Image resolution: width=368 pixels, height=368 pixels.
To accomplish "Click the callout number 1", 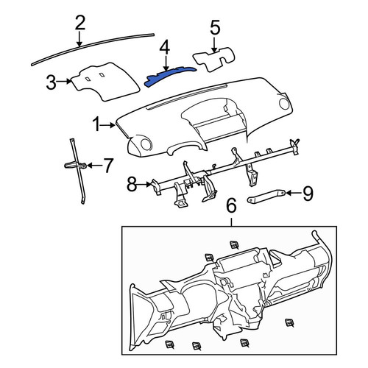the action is (97, 124).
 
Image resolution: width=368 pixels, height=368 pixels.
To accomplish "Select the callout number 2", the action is (80, 23).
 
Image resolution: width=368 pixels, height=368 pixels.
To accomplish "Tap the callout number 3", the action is (52, 82).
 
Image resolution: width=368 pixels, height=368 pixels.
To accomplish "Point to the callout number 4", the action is (165, 48).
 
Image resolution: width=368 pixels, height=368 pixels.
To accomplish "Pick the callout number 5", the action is (215, 27).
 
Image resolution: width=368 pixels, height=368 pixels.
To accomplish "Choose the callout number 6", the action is (231, 205).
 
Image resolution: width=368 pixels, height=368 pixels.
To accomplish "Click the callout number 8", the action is (132, 184).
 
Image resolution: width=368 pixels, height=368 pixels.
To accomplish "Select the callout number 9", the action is (308, 194).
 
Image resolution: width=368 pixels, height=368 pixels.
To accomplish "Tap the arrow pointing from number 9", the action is (294, 194).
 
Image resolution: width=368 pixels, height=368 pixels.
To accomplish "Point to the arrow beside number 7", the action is (94, 166).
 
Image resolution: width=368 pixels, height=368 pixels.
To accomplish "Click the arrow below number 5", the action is (214, 44).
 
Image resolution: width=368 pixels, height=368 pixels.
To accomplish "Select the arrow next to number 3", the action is (64, 81).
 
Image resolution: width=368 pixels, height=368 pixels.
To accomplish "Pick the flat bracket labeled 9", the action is (266, 197).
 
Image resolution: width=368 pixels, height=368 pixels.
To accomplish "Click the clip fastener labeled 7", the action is (76, 166).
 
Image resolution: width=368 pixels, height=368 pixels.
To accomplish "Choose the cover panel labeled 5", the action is (214, 59).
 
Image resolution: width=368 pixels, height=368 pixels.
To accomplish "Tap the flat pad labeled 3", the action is (105, 82).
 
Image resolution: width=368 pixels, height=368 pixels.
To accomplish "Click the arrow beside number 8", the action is (144, 184).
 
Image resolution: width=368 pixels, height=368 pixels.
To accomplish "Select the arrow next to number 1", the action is (108, 125).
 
